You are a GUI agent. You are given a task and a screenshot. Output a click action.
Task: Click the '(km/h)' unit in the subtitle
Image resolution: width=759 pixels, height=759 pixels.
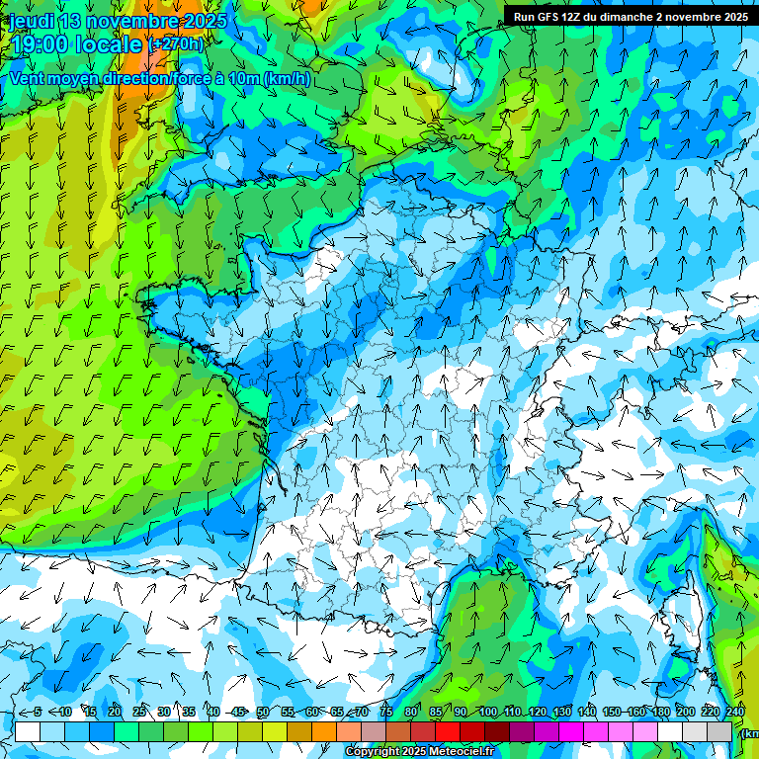287,78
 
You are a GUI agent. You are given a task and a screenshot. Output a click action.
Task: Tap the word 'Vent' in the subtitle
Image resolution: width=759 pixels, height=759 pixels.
28,78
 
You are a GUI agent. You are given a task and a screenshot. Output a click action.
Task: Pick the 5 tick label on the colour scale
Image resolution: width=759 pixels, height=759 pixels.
37,712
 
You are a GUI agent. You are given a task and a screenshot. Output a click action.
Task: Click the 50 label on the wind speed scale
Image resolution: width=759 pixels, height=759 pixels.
263,712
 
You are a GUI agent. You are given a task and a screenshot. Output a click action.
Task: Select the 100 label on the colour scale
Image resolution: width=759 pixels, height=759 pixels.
487,712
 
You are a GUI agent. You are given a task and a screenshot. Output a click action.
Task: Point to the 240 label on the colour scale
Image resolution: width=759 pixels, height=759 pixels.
735,712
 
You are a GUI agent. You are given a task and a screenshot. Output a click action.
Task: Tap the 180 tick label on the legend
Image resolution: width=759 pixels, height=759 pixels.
660,712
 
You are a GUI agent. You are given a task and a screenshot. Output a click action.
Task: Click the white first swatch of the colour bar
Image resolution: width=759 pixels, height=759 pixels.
28,731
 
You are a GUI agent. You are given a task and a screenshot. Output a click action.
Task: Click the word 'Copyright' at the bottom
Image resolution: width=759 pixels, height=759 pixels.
376,752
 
